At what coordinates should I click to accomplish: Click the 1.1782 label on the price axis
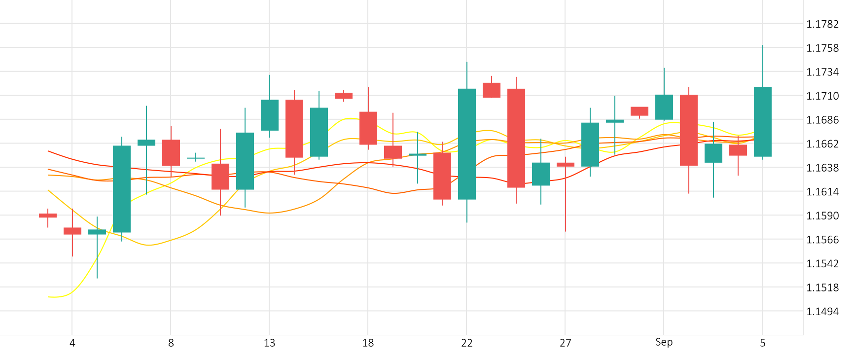pos(822,24)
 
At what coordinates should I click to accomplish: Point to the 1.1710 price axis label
pos(822,96)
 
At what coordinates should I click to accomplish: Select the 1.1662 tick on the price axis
pos(822,144)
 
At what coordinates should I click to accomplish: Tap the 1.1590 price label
pos(822,216)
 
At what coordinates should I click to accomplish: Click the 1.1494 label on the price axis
pos(822,312)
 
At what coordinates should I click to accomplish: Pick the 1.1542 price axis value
pos(822,264)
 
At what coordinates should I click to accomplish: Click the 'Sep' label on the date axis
pos(664,342)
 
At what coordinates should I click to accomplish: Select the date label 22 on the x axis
pos(466,343)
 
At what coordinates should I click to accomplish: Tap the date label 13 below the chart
pos(269,343)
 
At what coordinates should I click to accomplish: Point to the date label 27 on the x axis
pos(565,343)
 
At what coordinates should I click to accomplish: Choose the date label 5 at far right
pos(762,343)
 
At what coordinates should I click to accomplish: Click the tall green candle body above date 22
pos(467,144)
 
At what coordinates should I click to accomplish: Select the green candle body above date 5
pos(763,122)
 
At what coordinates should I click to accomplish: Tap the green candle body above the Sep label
pos(664,107)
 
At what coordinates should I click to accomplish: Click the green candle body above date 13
pos(270,115)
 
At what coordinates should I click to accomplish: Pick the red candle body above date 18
pos(368,128)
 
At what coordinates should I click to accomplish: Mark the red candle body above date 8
pos(171,152)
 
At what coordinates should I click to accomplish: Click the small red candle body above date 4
pos(72,231)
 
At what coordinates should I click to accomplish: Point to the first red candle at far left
pos(48,216)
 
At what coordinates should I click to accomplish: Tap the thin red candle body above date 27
pos(566,165)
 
